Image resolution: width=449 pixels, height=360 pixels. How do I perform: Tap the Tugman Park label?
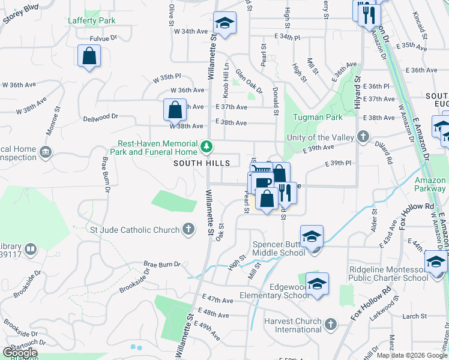click(318, 117)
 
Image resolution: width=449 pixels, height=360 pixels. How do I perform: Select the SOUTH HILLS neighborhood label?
click(202, 163)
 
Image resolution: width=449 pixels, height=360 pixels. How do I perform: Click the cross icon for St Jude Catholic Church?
click(188, 229)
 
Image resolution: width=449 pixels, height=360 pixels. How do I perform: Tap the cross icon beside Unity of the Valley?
click(363, 137)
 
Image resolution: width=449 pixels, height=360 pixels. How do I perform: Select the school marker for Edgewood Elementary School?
click(317, 284)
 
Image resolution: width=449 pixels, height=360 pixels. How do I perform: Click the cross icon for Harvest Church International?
click(330, 325)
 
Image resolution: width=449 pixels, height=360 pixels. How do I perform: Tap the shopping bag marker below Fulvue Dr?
click(89, 56)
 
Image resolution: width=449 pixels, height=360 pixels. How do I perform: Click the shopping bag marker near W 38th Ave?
click(175, 110)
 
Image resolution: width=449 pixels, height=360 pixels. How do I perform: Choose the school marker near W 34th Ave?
click(224, 23)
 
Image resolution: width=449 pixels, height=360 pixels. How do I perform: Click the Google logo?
click(20, 353)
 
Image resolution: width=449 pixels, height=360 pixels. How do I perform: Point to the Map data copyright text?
click(411, 355)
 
